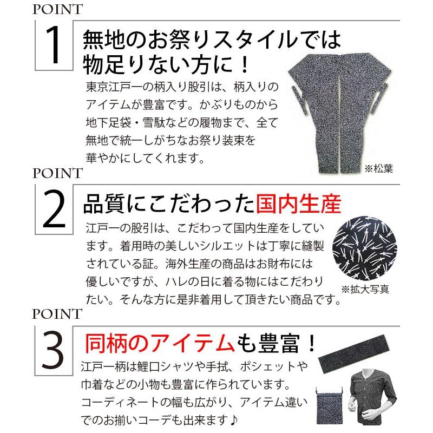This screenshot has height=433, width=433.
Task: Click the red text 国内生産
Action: pos(298,205)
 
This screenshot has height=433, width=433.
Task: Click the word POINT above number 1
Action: pos(57,9)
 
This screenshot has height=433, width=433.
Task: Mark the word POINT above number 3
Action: pos(57,314)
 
